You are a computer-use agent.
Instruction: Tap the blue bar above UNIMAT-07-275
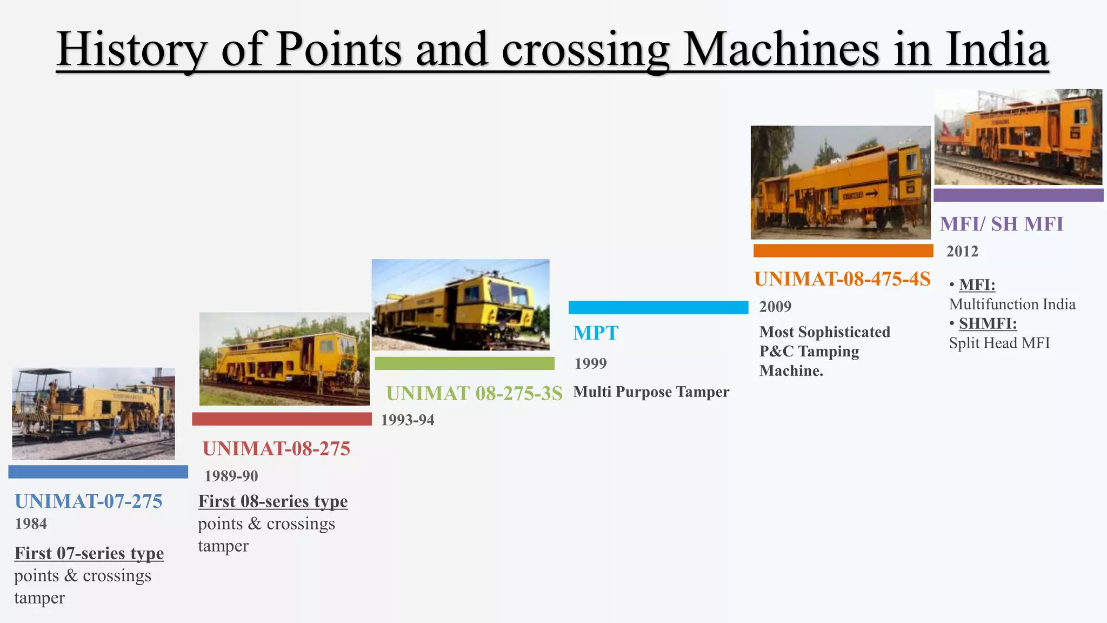pos(98,472)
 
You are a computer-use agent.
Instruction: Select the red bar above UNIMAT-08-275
pos(282,419)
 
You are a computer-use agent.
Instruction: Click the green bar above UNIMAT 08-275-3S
pos(464,363)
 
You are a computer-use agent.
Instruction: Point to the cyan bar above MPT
pos(658,307)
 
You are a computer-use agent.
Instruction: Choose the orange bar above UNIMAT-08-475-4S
pos(843,250)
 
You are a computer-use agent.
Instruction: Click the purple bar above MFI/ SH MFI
pos(1018,195)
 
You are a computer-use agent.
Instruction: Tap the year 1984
pos(31,523)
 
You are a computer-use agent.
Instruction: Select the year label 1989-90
pos(231,476)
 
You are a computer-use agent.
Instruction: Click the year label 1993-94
pos(407,420)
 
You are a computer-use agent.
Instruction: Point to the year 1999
pos(590,363)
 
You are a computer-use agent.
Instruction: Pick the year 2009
pos(775,307)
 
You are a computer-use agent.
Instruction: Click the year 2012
pos(962,251)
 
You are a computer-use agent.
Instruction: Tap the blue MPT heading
pos(596,333)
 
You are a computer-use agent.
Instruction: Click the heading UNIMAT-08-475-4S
pos(842,279)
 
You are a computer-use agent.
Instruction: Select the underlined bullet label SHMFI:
pos(988,323)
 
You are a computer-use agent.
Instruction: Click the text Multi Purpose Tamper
pos(651,392)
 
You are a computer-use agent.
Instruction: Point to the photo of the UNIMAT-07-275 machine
pos(94,414)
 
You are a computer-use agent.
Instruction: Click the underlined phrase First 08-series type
pos(272,501)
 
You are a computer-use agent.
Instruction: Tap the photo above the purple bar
pos(1018,137)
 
